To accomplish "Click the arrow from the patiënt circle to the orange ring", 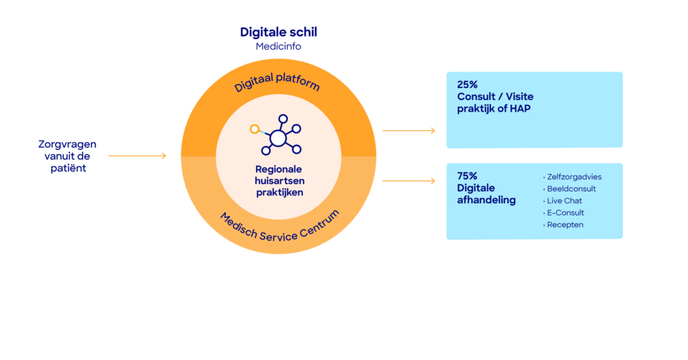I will (x=137, y=156).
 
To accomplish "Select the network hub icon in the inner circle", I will (x=277, y=138).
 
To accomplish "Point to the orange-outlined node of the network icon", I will (x=254, y=128).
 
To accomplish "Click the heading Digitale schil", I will (x=278, y=32).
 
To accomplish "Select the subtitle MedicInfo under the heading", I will (x=278, y=46).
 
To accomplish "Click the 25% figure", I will (x=467, y=85).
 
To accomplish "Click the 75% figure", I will (x=467, y=176).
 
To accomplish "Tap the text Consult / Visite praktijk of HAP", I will (x=494, y=103).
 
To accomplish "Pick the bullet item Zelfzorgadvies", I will (x=574, y=177).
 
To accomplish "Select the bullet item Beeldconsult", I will (x=571, y=189).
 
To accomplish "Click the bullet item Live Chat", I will (x=564, y=201).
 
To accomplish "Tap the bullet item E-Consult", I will (x=565, y=213).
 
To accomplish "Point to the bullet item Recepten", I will (x=565, y=225).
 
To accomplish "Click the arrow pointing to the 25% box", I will (x=408, y=130).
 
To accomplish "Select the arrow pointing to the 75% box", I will (x=408, y=180).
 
